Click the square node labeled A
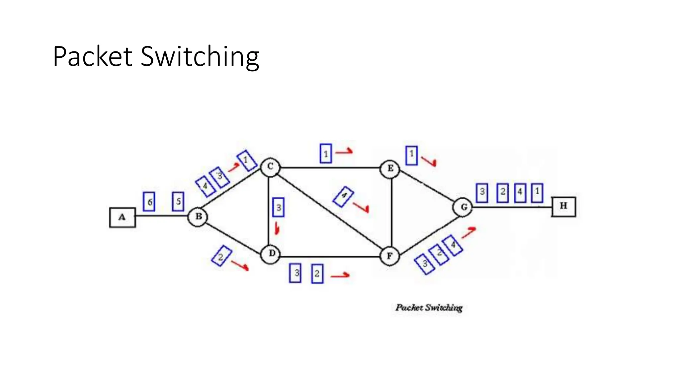point(122,218)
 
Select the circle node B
point(198,217)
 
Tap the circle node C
point(270,167)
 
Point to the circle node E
point(390,169)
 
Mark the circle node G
point(463,208)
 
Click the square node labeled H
point(563,206)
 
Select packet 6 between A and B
point(149,202)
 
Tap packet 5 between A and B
point(178,201)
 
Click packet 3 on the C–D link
point(278,208)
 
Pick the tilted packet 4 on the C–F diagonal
point(343,196)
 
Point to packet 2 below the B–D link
point(221,256)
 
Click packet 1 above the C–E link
point(326,154)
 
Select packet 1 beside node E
point(411,155)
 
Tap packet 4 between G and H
point(520,193)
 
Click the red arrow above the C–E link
point(344,152)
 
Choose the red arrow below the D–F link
point(340,275)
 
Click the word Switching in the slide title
point(200,57)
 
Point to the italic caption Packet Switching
point(429,308)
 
